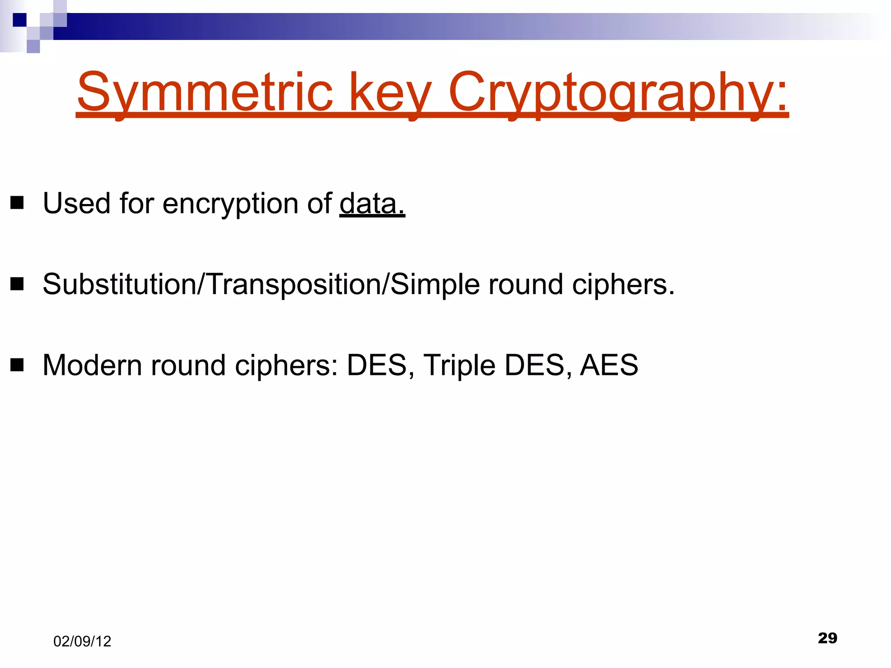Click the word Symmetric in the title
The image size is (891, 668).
pyautogui.click(x=204, y=92)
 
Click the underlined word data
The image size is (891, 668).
pyautogui.click(x=372, y=204)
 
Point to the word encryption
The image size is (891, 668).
pyautogui.click(x=230, y=204)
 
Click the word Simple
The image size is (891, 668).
pyautogui.click(x=435, y=285)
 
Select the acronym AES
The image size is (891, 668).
pyautogui.click(x=609, y=365)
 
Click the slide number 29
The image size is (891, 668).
pyautogui.click(x=827, y=638)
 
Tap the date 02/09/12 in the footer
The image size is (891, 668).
pyautogui.click(x=82, y=641)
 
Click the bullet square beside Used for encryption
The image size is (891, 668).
pyautogui.click(x=17, y=203)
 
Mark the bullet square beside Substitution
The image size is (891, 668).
pyautogui.click(x=17, y=284)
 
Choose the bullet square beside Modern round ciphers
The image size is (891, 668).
pyautogui.click(x=17, y=365)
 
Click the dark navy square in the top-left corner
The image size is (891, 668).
pyautogui.click(x=20, y=20)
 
